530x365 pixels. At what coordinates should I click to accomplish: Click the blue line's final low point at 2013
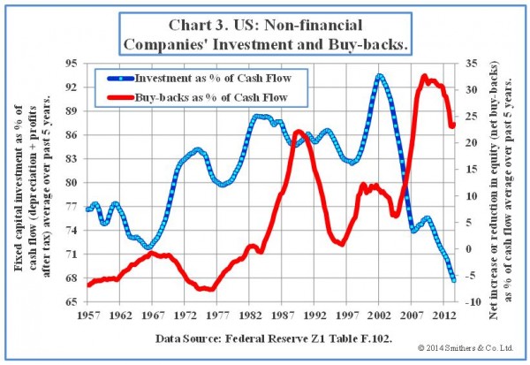point(453,280)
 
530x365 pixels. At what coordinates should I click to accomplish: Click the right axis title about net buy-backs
point(500,183)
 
